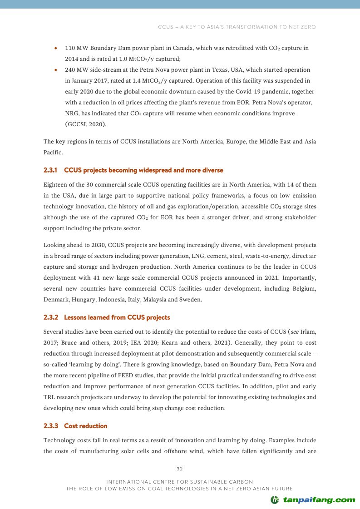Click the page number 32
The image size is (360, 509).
click(179, 469)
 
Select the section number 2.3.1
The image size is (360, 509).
click(51, 170)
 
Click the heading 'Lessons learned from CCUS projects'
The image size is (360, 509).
click(117, 317)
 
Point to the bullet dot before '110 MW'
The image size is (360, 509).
click(55, 48)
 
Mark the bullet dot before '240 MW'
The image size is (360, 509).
click(55, 70)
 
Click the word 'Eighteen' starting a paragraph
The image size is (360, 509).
click(55, 185)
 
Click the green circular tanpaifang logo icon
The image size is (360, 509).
click(275, 500)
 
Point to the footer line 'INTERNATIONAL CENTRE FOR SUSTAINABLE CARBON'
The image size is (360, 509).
click(179, 481)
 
